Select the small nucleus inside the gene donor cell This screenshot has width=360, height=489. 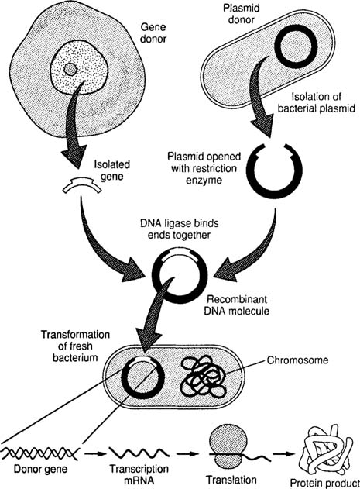(70, 71)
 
